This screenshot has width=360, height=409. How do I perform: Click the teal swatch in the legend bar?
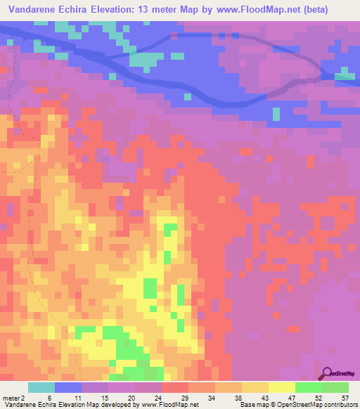(41, 388)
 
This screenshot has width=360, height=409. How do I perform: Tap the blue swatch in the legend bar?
(68, 388)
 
